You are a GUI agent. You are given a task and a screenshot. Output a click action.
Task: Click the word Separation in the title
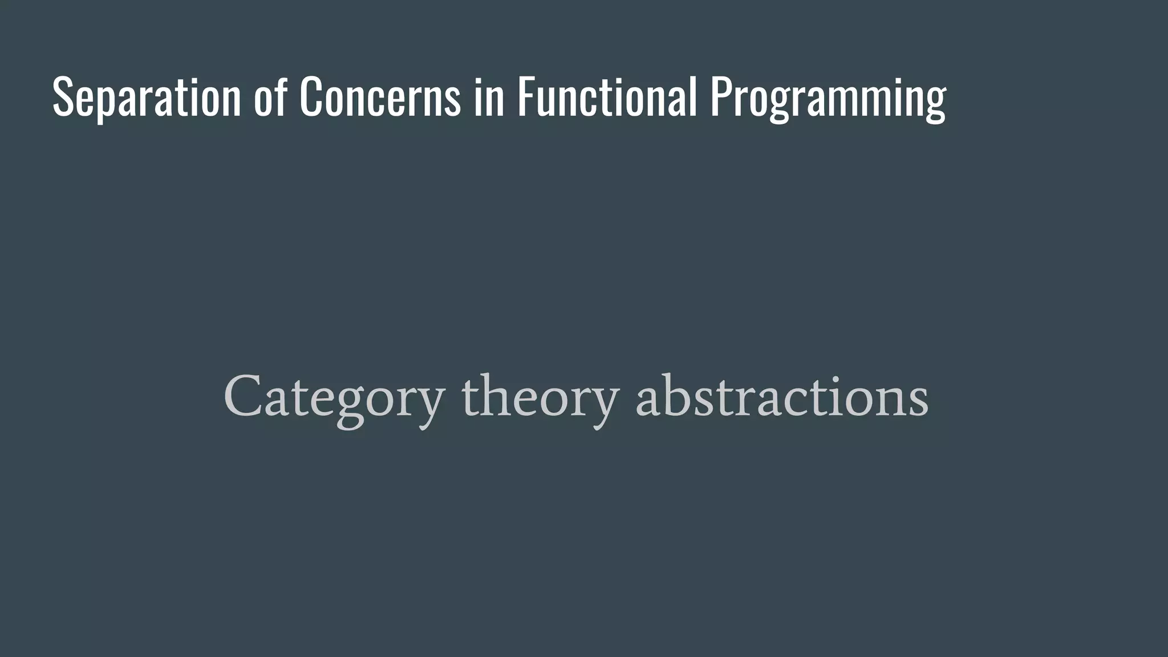(x=147, y=98)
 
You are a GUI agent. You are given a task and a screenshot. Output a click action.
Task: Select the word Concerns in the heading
(x=380, y=98)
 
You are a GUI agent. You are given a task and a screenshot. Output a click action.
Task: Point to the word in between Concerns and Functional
(x=489, y=98)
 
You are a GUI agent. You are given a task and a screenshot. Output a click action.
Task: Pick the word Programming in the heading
(x=828, y=98)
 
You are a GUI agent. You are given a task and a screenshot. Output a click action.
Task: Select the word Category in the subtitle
(x=334, y=397)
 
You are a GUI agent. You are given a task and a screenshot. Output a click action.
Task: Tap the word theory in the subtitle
(x=540, y=397)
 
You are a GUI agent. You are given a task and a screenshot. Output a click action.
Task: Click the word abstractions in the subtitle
(x=782, y=397)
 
